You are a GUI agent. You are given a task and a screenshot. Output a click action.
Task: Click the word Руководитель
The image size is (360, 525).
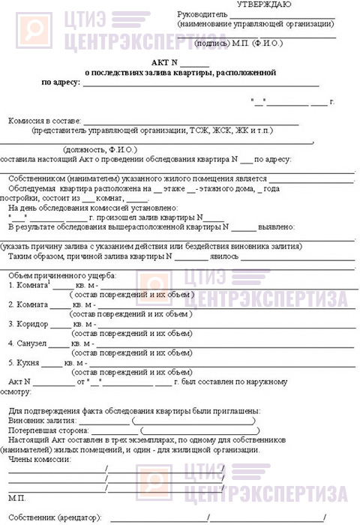(200, 15)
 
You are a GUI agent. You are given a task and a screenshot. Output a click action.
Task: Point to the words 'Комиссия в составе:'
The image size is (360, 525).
(44, 120)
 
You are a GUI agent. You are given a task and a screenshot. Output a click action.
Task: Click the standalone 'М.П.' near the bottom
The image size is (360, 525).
(16, 497)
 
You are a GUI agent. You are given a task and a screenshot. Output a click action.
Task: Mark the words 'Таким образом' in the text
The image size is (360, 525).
(37, 256)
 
